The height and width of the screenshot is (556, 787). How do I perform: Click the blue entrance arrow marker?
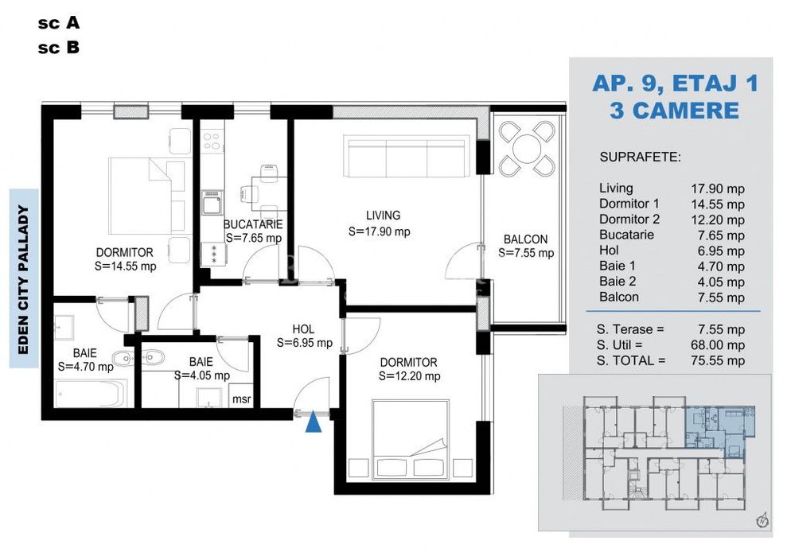pos(314,422)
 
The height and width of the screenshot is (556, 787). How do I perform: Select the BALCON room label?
pos(525,239)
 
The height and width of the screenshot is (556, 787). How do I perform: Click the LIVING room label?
pos(383,215)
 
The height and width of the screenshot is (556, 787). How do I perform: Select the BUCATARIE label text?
pos(254,224)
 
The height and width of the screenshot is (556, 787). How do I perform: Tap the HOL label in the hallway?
pos(303,329)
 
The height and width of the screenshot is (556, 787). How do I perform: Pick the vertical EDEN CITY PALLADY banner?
pos(24,278)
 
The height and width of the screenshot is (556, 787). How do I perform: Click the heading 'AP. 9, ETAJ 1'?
pos(675,83)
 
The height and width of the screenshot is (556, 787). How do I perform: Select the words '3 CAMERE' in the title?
pos(675,110)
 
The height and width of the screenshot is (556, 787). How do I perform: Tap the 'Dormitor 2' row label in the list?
pos(629,220)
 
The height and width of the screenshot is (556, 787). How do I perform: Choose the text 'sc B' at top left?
pos(58,48)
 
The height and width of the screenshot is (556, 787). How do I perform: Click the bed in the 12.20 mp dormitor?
pos(411,437)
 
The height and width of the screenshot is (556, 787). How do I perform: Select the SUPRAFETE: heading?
pos(640,157)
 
